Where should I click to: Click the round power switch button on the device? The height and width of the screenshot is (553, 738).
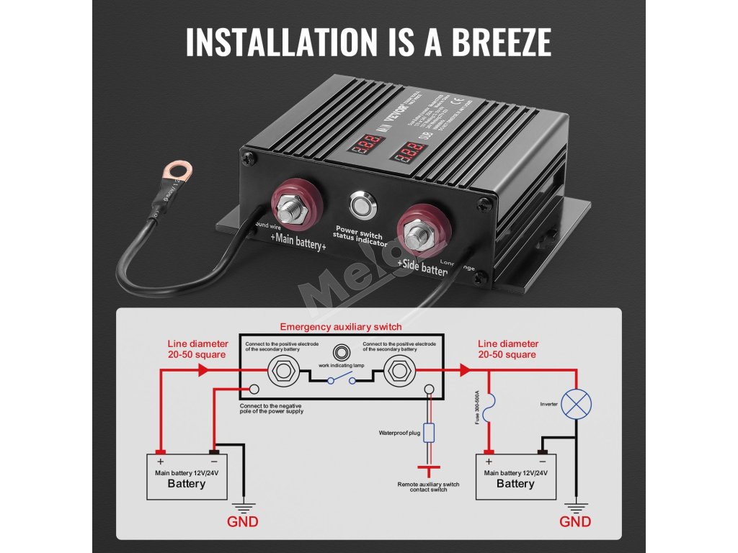pyautogui.click(x=362, y=205)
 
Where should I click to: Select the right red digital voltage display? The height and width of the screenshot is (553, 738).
pyautogui.click(x=412, y=153)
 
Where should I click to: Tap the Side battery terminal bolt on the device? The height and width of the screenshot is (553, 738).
pyautogui.click(x=418, y=235)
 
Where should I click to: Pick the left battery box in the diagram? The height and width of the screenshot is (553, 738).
pyautogui.click(x=187, y=476)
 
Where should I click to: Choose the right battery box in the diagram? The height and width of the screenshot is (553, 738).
pyautogui.click(x=515, y=476)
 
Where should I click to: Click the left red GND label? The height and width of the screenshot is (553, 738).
pyautogui.click(x=242, y=521)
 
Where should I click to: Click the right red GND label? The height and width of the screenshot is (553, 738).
pyautogui.click(x=575, y=521)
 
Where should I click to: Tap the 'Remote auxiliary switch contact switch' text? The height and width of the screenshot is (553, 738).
pyautogui.click(x=428, y=487)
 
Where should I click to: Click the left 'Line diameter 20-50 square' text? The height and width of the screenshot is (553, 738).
pyautogui.click(x=197, y=349)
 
